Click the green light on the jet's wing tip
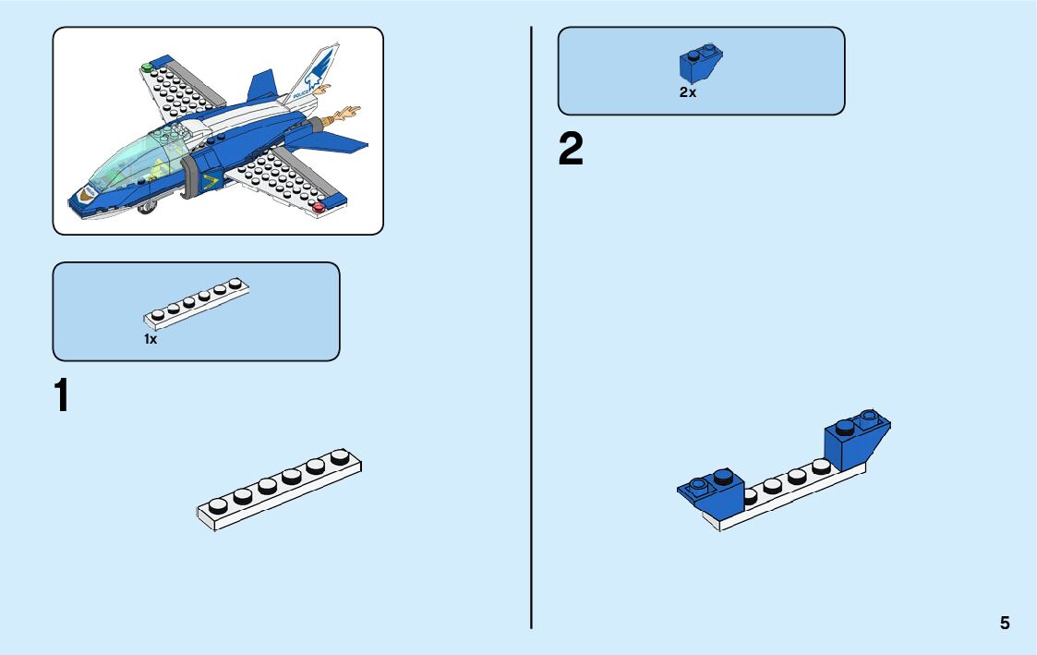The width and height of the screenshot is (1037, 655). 147,67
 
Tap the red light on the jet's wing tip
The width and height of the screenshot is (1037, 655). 320,208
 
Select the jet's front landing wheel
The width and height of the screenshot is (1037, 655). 147,208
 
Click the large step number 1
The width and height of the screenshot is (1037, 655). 62,396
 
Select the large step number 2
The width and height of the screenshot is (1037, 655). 571,150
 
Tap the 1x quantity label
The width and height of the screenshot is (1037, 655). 151,339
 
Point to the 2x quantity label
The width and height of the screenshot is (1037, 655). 688,92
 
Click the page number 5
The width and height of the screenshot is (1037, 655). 1005,624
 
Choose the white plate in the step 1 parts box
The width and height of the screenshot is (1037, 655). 197,304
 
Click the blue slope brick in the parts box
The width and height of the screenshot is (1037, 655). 700,63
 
